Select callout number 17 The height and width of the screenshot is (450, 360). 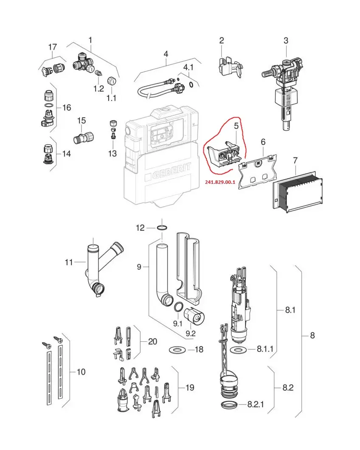52,47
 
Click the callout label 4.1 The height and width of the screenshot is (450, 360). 188,67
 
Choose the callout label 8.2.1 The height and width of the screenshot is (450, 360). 256,404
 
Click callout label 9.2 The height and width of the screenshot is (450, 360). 190,333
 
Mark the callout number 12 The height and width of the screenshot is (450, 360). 141,228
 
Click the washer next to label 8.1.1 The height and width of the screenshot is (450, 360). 239,350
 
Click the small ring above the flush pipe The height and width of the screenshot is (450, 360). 161,228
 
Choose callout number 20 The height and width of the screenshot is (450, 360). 152,341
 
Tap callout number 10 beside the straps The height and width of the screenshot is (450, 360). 80,372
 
